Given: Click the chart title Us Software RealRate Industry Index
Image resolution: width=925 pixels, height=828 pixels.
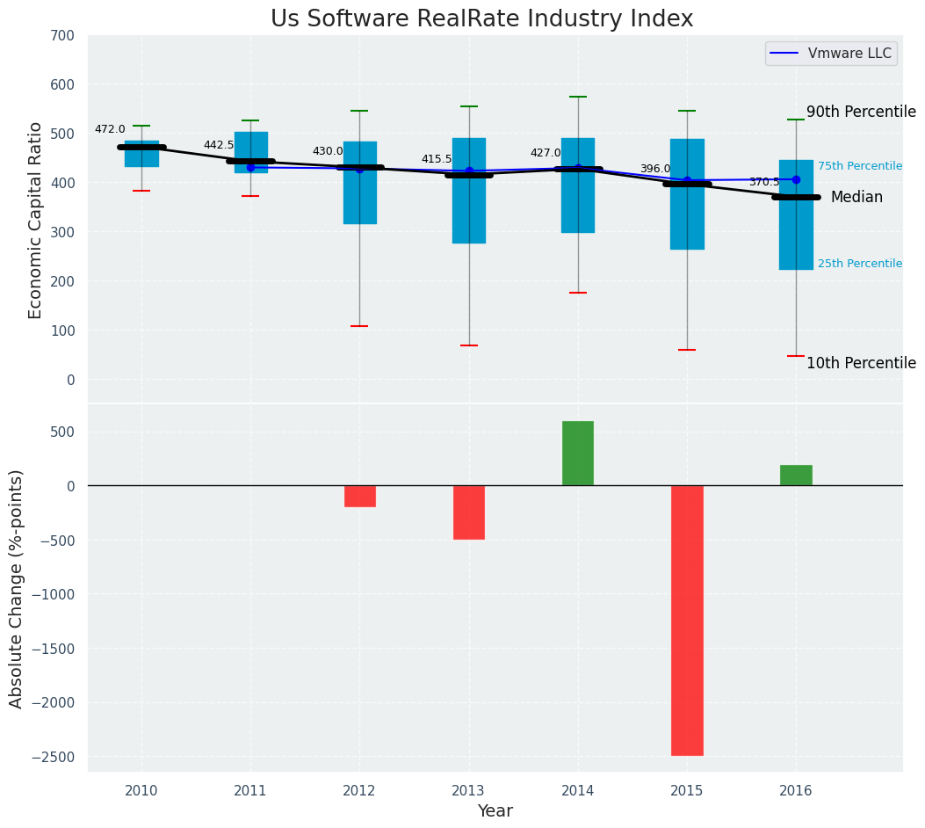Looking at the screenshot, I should [x=481, y=19].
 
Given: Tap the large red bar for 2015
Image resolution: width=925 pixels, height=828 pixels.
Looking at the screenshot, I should [x=687, y=620].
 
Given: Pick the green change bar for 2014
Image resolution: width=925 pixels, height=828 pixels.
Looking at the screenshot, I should [x=578, y=453].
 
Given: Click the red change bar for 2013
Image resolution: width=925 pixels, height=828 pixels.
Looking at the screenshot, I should [x=469, y=512].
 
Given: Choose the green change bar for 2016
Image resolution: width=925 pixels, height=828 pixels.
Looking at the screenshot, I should [x=796, y=475].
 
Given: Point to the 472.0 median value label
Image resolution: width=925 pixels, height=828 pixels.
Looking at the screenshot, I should [x=110, y=129].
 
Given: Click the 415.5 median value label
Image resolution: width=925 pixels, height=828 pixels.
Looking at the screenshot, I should [x=437, y=159].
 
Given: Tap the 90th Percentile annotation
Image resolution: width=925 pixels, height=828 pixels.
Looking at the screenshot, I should [x=861, y=112].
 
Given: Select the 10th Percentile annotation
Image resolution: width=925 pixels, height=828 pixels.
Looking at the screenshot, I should [x=861, y=363].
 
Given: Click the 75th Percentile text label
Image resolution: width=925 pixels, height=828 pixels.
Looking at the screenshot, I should [x=859, y=166].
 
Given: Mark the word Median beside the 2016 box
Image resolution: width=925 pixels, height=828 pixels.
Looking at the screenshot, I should [x=856, y=197].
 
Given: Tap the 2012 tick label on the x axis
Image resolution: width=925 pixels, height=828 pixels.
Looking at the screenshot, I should [x=359, y=791].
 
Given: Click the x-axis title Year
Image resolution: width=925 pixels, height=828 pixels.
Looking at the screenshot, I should [x=495, y=811].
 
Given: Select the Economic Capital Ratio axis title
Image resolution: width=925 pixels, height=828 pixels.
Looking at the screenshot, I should [x=35, y=220].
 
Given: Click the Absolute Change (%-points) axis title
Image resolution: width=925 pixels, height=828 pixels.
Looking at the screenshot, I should [x=16, y=589].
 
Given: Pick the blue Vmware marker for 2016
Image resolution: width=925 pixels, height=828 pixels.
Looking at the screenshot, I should [x=796, y=179].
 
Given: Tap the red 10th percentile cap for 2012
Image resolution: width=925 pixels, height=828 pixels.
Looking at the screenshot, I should [x=359, y=326].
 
